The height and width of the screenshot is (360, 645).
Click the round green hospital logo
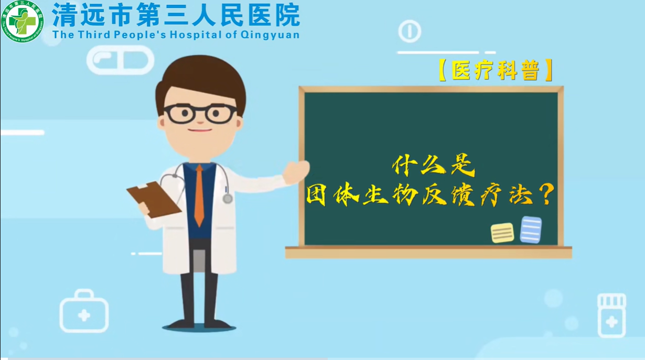22,21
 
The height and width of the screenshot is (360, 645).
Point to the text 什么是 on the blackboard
433,167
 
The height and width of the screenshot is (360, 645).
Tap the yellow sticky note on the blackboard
502,233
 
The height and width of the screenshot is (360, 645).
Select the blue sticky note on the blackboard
531,230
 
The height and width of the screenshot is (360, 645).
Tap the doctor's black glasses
200,113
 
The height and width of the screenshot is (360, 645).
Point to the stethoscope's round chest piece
228,199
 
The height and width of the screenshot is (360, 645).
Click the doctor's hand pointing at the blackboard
296,171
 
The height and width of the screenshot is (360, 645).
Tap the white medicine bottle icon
611,315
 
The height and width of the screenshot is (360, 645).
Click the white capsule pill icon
121,60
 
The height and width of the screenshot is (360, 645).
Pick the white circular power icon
410,31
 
